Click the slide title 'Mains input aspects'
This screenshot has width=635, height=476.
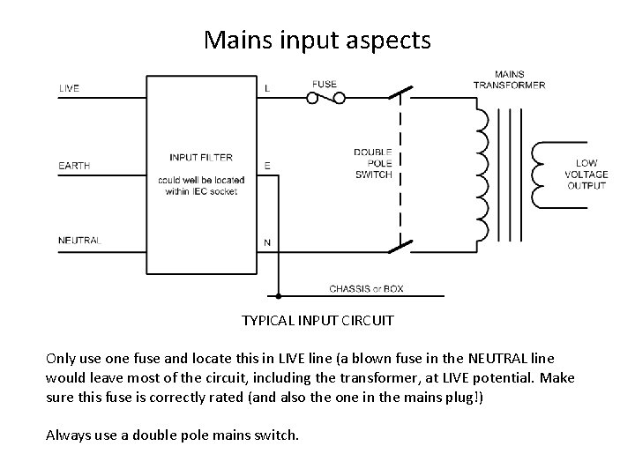(317, 40)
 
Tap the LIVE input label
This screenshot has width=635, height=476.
(69, 88)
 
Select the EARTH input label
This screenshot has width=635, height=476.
(74, 166)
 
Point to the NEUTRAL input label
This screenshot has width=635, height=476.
(79, 241)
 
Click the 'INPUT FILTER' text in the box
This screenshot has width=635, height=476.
(201, 158)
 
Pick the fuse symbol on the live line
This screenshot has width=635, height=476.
(325, 98)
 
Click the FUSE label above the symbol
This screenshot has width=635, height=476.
(324, 85)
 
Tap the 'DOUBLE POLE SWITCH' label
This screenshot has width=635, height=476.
(373, 163)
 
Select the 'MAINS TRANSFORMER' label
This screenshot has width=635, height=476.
(509, 80)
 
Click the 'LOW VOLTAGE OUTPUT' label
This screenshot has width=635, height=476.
(586, 175)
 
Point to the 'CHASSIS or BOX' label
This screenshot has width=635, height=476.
(366, 289)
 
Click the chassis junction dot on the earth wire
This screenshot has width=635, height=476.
(279, 296)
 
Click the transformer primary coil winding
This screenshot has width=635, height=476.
(482, 176)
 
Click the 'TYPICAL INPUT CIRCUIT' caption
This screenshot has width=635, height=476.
(317, 321)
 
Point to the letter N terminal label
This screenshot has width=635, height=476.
(267, 242)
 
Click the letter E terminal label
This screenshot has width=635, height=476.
(267, 166)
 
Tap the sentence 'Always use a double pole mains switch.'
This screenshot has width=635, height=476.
(173, 434)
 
